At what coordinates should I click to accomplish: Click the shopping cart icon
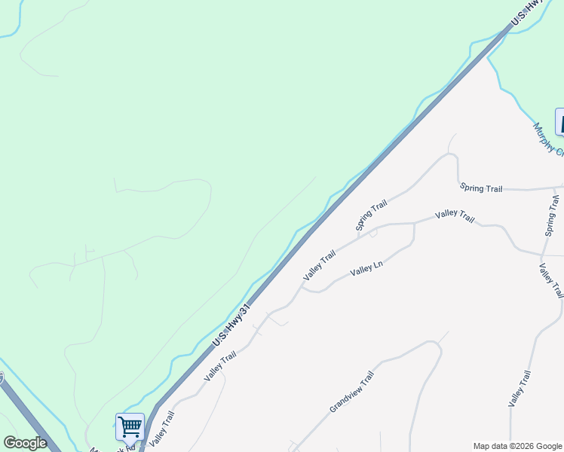(130, 426)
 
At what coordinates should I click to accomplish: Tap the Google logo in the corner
(25, 442)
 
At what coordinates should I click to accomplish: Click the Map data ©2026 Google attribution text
(517, 446)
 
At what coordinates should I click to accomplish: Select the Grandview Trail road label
(351, 392)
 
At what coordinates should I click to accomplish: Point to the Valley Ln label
(367, 268)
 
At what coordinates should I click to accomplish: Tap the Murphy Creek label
(547, 139)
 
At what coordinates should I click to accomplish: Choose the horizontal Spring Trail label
(480, 188)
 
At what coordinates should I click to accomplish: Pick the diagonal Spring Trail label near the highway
(371, 215)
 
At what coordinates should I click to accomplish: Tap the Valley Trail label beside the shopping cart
(161, 429)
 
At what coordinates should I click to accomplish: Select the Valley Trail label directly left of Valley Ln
(319, 266)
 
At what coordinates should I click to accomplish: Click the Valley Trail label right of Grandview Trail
(520, 389)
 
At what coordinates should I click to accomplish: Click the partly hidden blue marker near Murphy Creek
(559, 121)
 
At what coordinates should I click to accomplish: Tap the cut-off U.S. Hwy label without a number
(526, 14)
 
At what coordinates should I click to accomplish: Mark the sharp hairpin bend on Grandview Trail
(435, 347)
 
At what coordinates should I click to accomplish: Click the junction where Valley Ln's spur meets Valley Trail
(414, 224)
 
